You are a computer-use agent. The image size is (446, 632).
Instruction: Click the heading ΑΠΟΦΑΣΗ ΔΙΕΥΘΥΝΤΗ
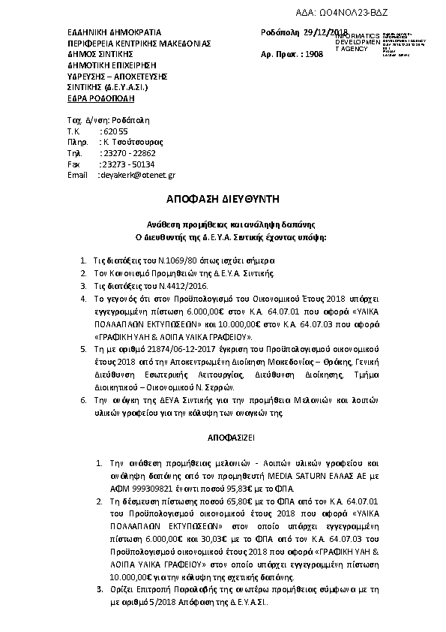(x=222, y=199)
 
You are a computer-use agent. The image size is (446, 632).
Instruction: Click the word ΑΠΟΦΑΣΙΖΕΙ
(x=222, y=436)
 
